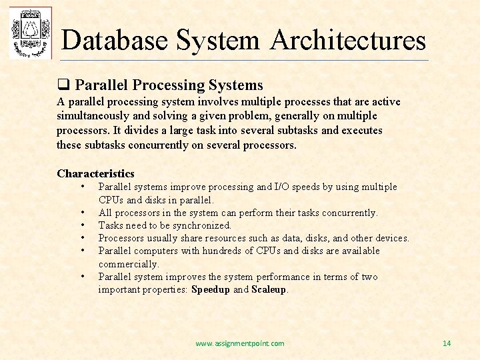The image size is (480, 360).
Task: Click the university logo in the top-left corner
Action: point(30,33)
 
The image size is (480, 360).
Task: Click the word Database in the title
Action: point(114,40)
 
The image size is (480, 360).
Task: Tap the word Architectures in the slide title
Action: point(348,40)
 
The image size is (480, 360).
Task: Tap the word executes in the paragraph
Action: point(362,130)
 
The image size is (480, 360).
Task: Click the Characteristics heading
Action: point(95,173)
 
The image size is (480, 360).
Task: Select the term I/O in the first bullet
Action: point(283,187)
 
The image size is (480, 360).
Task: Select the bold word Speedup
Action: point(211,289)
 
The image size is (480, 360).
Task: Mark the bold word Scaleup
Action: point(269,289)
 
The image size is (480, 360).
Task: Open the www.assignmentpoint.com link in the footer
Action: point(240,343)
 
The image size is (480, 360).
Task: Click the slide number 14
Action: point(447,343)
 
